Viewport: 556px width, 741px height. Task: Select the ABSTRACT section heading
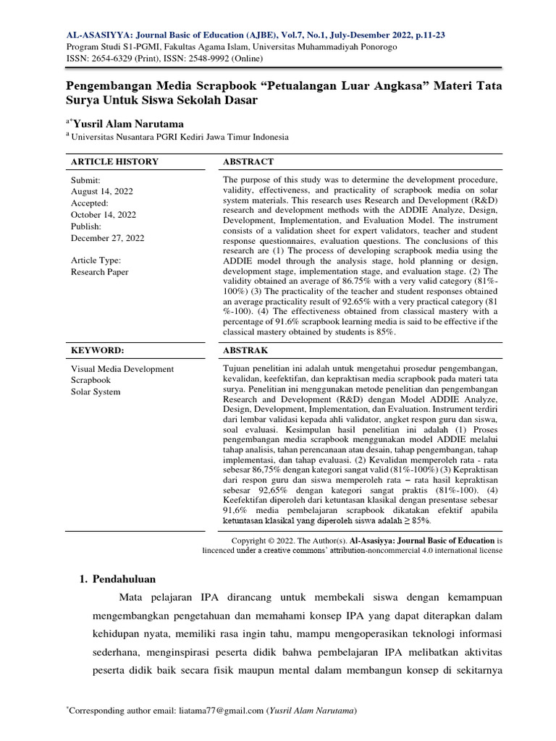[248, 161]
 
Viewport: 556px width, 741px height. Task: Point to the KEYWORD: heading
[97, 350]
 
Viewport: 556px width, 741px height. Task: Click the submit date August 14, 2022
[101, 191]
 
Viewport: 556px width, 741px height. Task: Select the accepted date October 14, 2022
[104, 214]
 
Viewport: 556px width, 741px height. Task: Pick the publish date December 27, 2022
[107, 237]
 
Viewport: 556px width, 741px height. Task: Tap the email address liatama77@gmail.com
[221, 711]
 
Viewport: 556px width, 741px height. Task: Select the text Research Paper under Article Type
[99, 272]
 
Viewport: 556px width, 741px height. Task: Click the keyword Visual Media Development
[122, 369]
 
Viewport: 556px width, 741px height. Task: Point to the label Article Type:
[96, 261]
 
